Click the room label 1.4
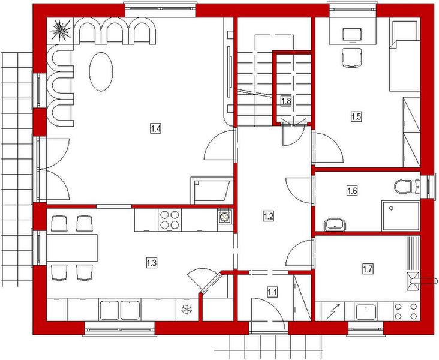(x=156, y=128)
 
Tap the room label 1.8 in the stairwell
(x=286, y=101)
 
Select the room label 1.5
(x=356, y=116)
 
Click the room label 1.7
(x=368, y=269)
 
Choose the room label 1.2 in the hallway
(x=269, y=216)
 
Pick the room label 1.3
(x=152, y=262)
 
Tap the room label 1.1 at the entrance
(x=272, y=292)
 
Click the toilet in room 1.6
(x=408, y=186)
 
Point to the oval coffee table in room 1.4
(x=101, y=71)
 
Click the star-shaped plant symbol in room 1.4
(x=61, y=29)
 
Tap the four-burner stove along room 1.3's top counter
(x=169, y=218)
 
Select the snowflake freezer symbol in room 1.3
(x=187, y=310)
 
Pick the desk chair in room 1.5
(x=352, y=58)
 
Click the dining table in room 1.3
(x=71, y=247)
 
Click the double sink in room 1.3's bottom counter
(x=119, y=310)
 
